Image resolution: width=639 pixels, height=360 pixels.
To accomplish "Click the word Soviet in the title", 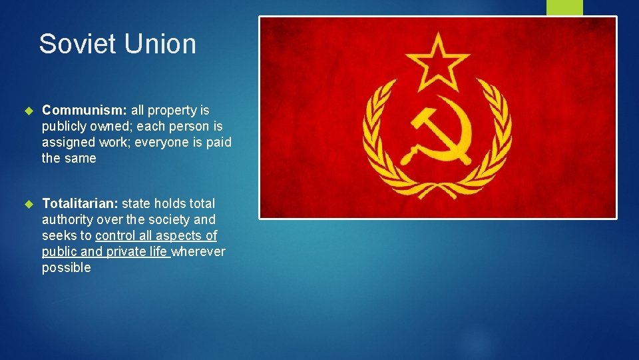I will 73,45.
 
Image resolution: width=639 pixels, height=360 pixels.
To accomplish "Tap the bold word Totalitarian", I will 80,203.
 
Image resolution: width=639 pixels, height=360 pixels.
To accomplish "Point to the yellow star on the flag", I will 437,63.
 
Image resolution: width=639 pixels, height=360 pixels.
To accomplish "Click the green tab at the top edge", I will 564,7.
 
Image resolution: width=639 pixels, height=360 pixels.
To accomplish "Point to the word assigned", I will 67,142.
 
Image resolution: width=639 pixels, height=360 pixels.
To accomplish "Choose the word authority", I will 67,219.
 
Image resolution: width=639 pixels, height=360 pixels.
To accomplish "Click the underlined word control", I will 116,235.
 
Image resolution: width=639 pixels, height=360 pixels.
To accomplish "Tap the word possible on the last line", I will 66,267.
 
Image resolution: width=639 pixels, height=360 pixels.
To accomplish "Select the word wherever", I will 198,251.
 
